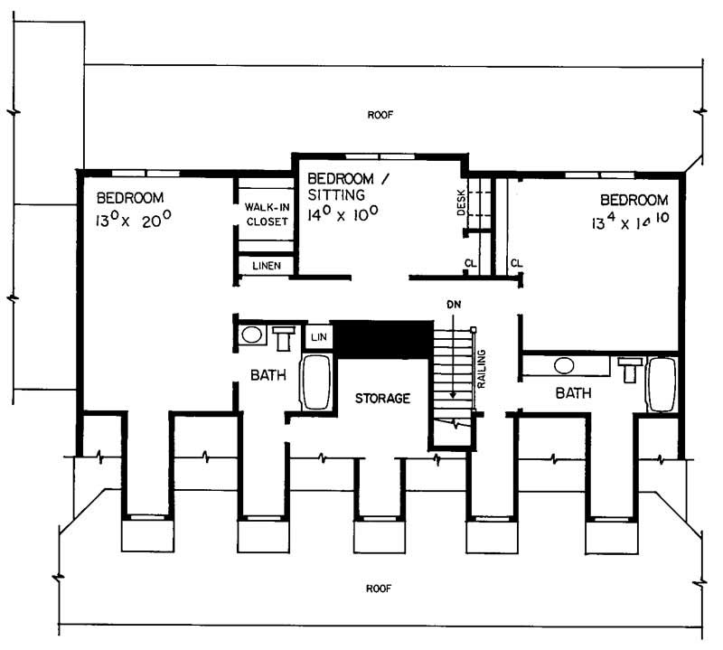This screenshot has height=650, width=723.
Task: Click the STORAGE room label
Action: click(383, 398)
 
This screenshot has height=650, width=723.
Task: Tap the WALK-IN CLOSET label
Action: click(266, 214)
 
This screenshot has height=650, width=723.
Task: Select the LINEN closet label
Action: click(267, 266)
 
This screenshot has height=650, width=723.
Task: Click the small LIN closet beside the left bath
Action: click(318, 336)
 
